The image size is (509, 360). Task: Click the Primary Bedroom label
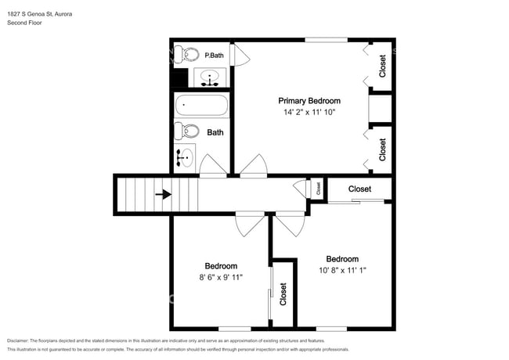click(x=309, y=101)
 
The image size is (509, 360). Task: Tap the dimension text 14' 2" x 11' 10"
click(x=309, y=112)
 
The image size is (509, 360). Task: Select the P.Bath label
click(x=214, y=56)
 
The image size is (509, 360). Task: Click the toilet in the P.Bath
click(x=186, y=55)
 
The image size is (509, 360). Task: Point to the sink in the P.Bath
click(x=210, y=77)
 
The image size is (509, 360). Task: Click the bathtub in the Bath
click(x=201, y=105)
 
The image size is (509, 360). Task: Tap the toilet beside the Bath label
click(x=186, y=131)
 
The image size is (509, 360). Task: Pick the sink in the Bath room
click(x=185, y=158)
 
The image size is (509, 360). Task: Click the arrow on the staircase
click(x=164, y=195)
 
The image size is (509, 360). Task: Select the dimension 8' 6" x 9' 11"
click(x=221, y=277)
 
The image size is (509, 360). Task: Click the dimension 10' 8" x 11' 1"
click(x=342, y=270)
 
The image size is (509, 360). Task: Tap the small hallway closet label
click(x=318, y=188)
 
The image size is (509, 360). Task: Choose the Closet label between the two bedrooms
click(x=283, y=294)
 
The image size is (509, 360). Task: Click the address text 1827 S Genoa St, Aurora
click(x=40, y=14)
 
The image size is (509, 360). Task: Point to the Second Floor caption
click(x=24, y=23)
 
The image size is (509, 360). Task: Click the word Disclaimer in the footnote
click(x=17, y=341)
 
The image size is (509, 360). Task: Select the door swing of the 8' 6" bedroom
click(x=250, y=224)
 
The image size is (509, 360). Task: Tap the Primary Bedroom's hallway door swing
click(x=254, y=166)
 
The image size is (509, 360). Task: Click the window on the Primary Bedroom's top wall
click(x=327, y=40)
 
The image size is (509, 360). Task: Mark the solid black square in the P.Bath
click(x=179, y=77)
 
